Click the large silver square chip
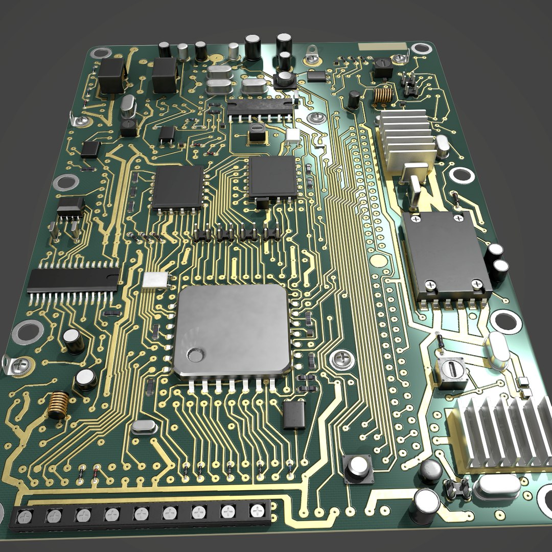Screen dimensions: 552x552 (232, 330)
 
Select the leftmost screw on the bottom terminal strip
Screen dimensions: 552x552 (24, 517)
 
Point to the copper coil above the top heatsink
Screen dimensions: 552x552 (382, 95)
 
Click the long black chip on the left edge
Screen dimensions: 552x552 (73, 280)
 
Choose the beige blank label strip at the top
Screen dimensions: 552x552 (382, 47)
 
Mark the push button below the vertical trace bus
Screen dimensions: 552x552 (358, 467)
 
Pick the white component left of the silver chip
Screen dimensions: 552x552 (155, 280)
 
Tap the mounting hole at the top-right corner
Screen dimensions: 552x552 (422, 49)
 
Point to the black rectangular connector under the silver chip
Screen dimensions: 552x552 (294, 415)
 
